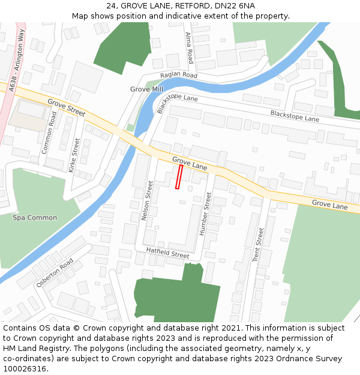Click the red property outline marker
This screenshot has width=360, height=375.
(x=179, y=177)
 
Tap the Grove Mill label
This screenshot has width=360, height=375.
(x=146, y=89)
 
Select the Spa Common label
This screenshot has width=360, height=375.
(x=35, y=218)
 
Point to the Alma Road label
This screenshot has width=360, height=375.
(x=190, y=48)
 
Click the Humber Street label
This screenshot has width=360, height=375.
(x=205, y=213)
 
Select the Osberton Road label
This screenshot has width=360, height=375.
(x=55, y=272)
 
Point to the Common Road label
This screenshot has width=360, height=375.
(x=49, y=133)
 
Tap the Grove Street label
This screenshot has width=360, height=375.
(x=66, y=107)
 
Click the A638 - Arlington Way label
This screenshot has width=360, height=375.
(x=16, y=60)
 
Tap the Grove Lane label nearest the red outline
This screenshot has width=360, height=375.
(x=189, y=164)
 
